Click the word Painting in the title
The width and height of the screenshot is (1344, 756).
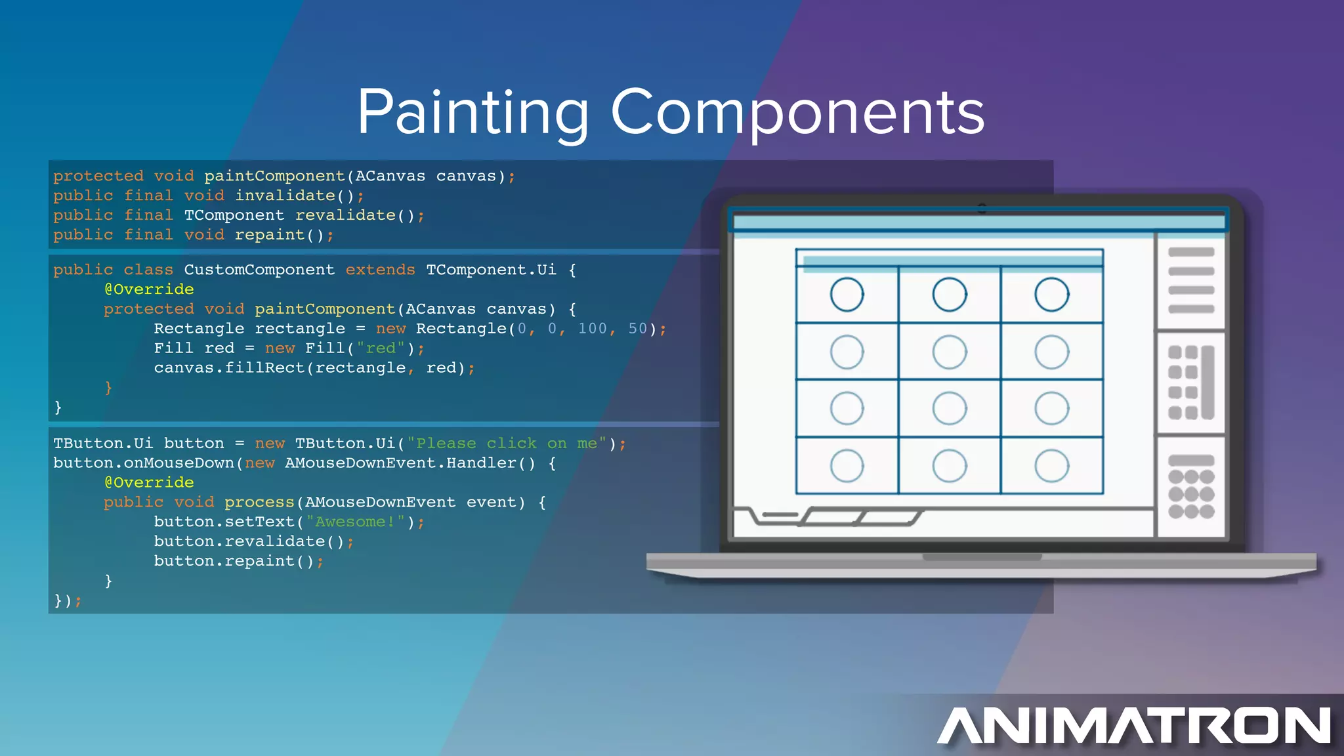click(x=472, y=113)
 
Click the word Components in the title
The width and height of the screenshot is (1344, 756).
click(x=797, y=113)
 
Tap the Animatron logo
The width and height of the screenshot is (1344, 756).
click(x=1134, y=725)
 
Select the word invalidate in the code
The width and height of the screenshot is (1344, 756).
click(x=285, y=196)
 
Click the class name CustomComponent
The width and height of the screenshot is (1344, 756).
click(x=259, y=270)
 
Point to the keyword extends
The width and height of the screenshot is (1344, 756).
click(x=380, y=270)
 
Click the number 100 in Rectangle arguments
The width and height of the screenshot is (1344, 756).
click(x=592, y=329)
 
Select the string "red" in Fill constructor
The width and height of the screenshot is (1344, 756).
click(x=381, y=348)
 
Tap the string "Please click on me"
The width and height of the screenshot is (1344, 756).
click(x=506, y=444)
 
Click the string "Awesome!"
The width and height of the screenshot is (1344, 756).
click(x=355, y=522)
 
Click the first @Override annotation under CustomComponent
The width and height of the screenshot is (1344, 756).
click(x=149, y=289)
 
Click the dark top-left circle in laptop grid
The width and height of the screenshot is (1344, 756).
click(x=847, y=295)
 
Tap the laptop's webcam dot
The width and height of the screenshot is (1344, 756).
click(x=982, y=209)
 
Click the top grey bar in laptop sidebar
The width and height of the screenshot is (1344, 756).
click(x=1191, y=252)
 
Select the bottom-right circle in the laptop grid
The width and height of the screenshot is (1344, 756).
click(x=1051, y=466)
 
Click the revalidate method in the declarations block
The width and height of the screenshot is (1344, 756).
click(x=345, y=215)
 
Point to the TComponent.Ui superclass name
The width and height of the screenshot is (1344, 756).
click(x=491, y=270)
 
